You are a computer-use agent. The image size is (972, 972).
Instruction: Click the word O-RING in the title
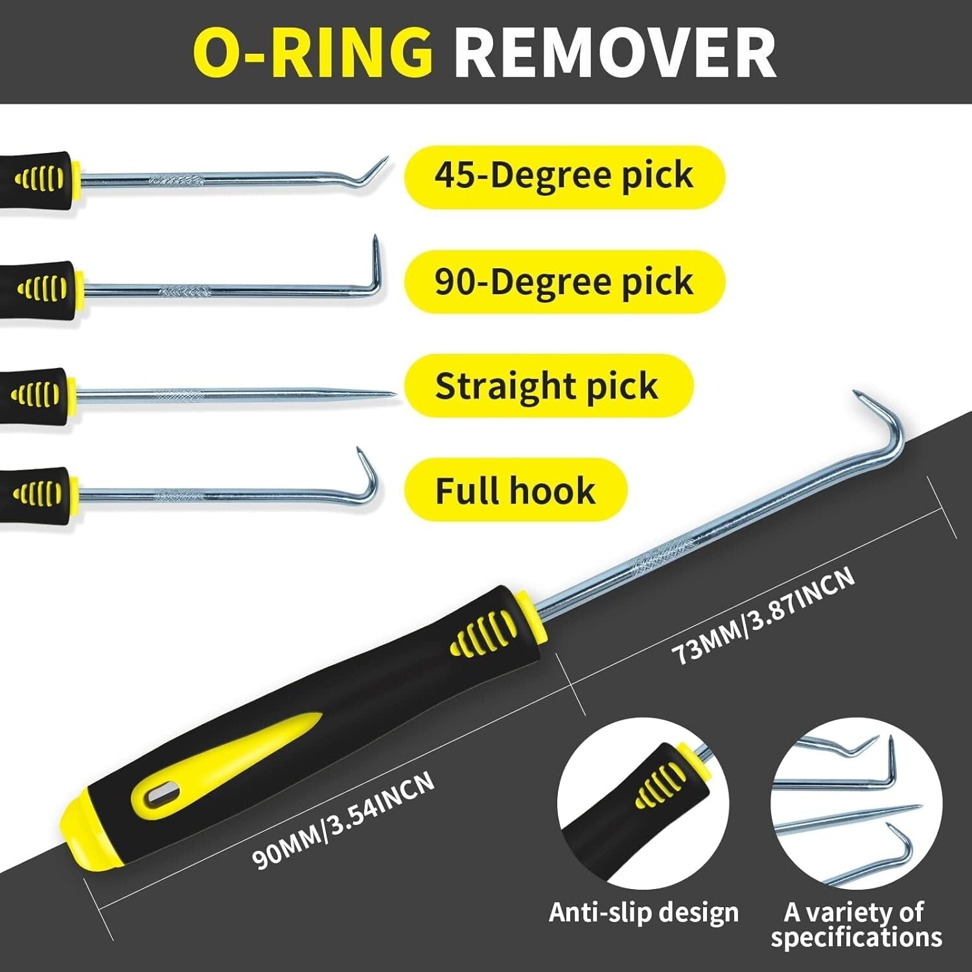[313, 52]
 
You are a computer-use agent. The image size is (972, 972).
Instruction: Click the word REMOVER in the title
[614, 52]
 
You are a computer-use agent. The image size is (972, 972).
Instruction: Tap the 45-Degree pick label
[564, 176]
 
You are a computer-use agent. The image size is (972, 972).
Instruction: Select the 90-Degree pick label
[564, 282]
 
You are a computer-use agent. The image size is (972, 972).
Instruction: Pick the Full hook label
[515, 490]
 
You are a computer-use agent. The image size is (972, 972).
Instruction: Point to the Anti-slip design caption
[643, 912]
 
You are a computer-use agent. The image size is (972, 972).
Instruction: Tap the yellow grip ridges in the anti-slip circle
[660, 785]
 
